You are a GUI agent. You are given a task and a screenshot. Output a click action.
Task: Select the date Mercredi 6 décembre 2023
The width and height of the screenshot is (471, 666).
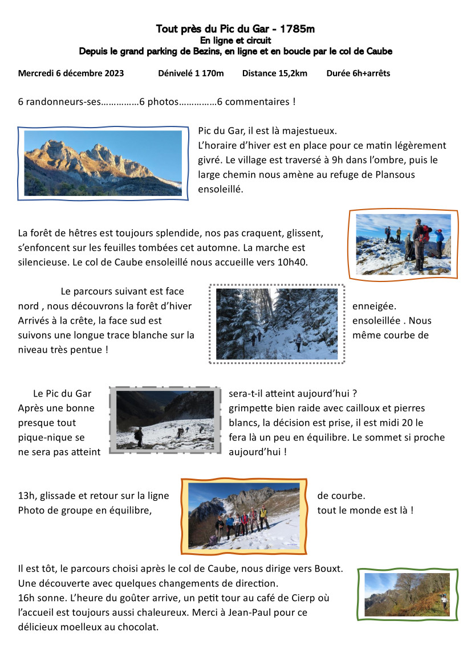(71, 73)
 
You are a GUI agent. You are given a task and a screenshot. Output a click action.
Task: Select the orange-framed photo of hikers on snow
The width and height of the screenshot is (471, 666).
(403, 244)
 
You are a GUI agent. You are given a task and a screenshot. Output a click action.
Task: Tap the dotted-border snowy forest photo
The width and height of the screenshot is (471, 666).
(277, 324)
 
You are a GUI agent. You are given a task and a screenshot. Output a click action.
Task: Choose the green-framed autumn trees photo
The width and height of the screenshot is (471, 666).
(407, 594)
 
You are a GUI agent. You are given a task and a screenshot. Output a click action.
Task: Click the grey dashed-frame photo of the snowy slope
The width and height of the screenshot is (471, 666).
(165, 420)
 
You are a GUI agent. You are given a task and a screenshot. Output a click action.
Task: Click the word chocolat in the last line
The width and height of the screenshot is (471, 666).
(139, 627)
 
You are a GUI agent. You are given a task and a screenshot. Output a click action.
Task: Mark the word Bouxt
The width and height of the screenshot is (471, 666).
(330, 569)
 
